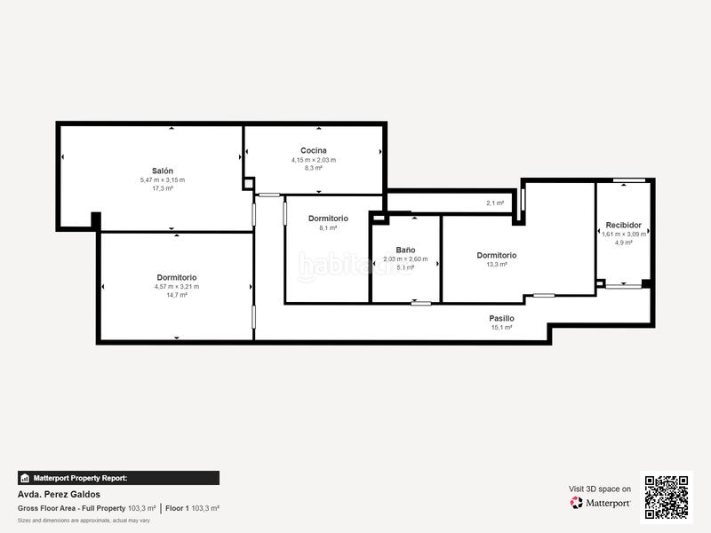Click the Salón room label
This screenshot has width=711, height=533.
(162, 171)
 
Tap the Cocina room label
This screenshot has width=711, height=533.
(313, 150)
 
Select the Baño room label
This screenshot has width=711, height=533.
(405, 251)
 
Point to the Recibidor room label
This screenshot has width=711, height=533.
(623, 225)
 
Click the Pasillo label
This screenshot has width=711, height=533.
(501, 318)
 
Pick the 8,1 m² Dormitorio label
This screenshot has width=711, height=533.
(328, 218)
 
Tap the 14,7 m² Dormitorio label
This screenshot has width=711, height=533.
(176, 277)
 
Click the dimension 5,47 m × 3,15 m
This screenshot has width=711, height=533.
(162, 179)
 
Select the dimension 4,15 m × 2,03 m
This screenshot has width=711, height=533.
(313, 160)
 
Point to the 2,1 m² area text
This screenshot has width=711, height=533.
(495, 203)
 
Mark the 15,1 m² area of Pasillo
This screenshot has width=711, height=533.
(501, 327)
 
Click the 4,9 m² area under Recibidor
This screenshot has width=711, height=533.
(623, 243)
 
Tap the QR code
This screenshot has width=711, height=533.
(667, 497)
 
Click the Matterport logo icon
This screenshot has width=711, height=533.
(577, 503)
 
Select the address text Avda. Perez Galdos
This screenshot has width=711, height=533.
(59, 495)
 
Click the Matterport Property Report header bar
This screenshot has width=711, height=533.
(118, 478)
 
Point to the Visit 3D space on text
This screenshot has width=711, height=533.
(600, 489)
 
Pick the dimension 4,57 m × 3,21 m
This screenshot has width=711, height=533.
(176, 286)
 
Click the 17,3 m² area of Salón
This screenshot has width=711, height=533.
(162, 188)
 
